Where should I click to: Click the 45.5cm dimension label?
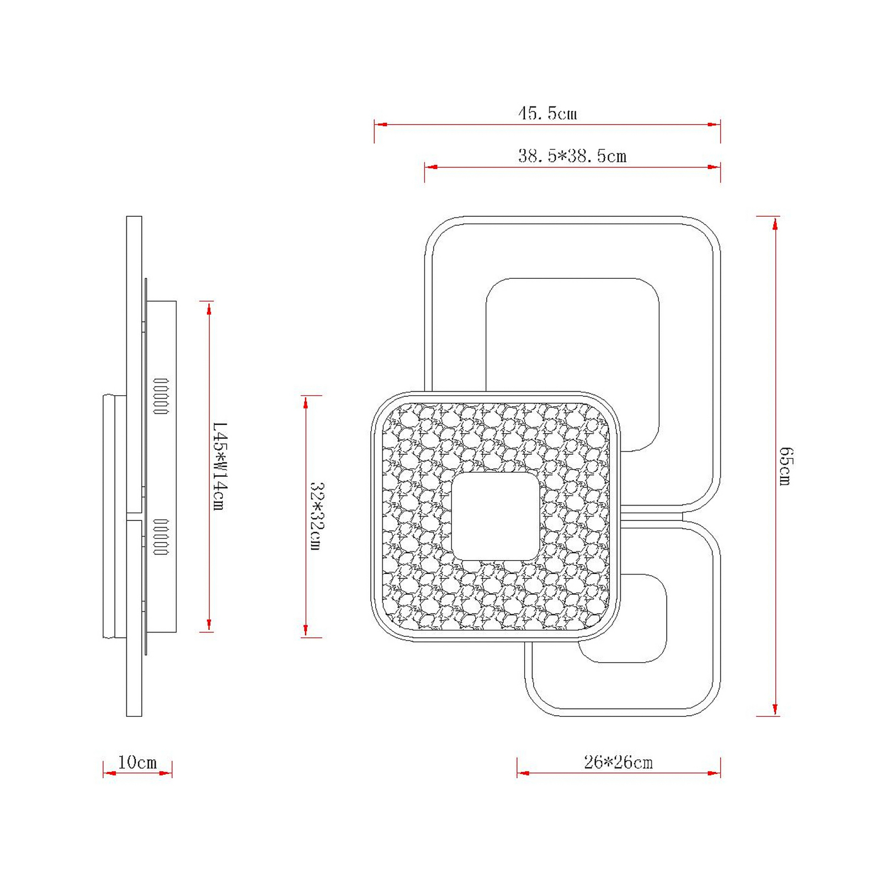pyautogui.click(x=547, y=113)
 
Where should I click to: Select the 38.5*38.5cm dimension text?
pyautogui.click(x=572, y=156)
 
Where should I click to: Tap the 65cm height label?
pyautogui.click(x=786, y=466)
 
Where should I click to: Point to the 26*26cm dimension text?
pyautogui.click(x=618, y=763)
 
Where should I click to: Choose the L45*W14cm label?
pyautogui.click(x=220, y=466)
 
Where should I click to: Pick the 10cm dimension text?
pyautogui.click(x=137, y=763)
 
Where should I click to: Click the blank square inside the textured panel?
pyautogui.click(x=495, y=517)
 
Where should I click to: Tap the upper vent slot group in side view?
pyautogui.click(x=161, y=396)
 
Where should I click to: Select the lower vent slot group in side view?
pyautogui.click(x=161, y=537)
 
